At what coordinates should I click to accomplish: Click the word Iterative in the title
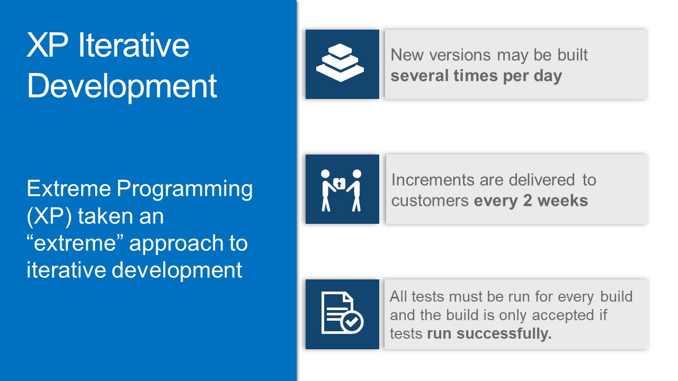pyautogui.click(x=133, y=46)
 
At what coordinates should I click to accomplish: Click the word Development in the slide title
pyautogui.click(x=122, y=86)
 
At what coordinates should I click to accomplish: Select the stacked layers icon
pyautogui.click(x=342, y=64)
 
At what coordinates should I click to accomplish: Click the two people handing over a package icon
pyautogui.click(x=342, y=189)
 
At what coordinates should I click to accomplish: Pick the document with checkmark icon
pyautogui.click(x=342, y=313)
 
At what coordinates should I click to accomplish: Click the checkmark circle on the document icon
pyautogui.click(x=352, y=321)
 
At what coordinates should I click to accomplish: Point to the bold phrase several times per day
pyautogui.click(x=476, y=76)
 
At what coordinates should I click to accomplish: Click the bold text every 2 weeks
pyautogui.click(x=531, y=201)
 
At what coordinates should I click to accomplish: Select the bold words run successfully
pyautogui.click(x=489, y=334)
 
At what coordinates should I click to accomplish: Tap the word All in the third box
pyautogui.click(x=399, y=296)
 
